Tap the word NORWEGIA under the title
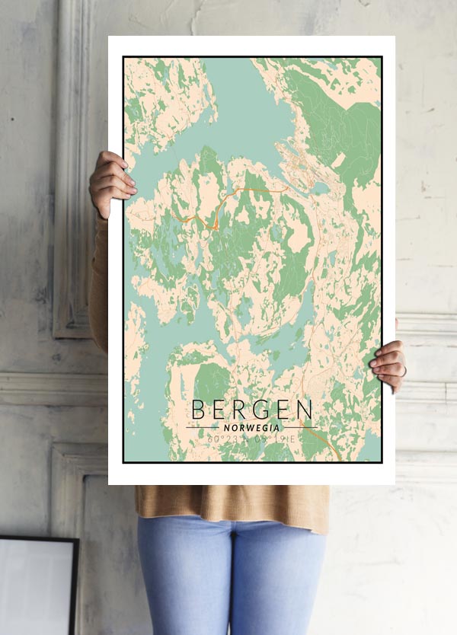(x=251, y=427)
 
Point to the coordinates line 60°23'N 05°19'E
(x=251, y=439)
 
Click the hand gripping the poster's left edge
(x=111, y=183)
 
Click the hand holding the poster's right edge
(x=388, y=364)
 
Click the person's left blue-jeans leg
(x=183, y=579)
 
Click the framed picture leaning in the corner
(x=38, y=586)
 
